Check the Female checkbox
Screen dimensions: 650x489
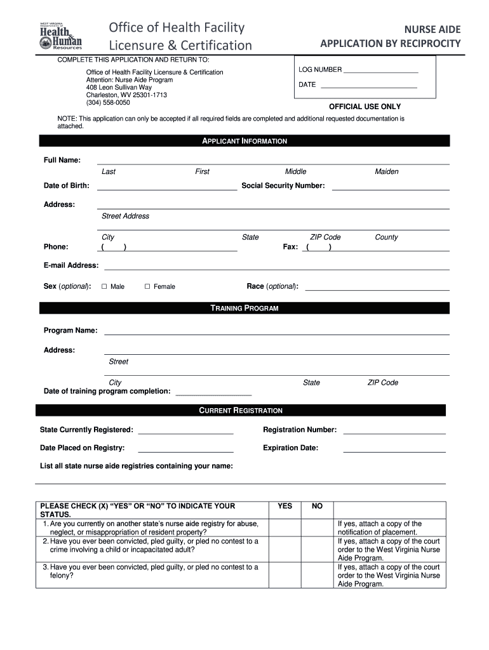[x=147, y=287]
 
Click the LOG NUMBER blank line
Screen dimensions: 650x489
[x=380, y=72]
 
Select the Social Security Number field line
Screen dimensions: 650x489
[x=391, y=189]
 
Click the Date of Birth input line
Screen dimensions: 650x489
[x=166, y=189]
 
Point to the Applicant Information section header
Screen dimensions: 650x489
[x=245, y=141]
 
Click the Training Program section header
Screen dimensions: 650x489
[x=245, y=308]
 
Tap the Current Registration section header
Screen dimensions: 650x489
[x=241, y=411]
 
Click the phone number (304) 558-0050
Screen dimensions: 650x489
[x=108, y=103]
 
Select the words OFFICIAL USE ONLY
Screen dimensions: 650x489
[x=365, y=107]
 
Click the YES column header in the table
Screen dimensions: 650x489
[x=285, y=507]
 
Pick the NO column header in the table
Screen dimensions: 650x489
[x=318, y=507]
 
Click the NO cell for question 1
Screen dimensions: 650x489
[x=318, y=527]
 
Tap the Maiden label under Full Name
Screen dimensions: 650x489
[x=387, y=172]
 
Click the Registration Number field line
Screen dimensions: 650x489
[x=394, y=434]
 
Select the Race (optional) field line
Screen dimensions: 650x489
[x=377, y=290]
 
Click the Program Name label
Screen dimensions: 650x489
[x=70, y=331]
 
